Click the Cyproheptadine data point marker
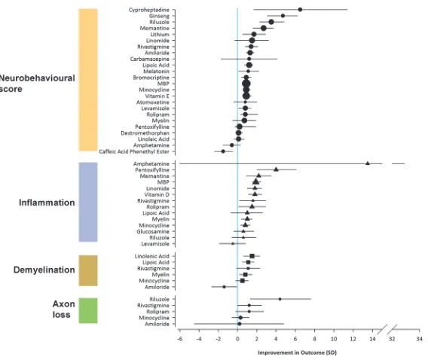300,10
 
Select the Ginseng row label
159,16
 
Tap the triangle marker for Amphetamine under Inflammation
368,163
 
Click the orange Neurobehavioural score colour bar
88,80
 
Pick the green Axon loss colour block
88,310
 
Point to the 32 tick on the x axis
392,339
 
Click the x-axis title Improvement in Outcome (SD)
297,352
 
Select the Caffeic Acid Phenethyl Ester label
134,151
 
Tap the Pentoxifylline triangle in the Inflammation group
276,169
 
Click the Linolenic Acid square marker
252,256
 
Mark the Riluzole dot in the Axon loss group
280,299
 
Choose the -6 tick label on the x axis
179,339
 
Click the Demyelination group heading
44,270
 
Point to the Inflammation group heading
47,203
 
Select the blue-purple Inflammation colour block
88,202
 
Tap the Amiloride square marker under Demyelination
224,287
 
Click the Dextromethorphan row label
145,133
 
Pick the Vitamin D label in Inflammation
157,194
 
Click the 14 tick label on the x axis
372,339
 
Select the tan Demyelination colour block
88,270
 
